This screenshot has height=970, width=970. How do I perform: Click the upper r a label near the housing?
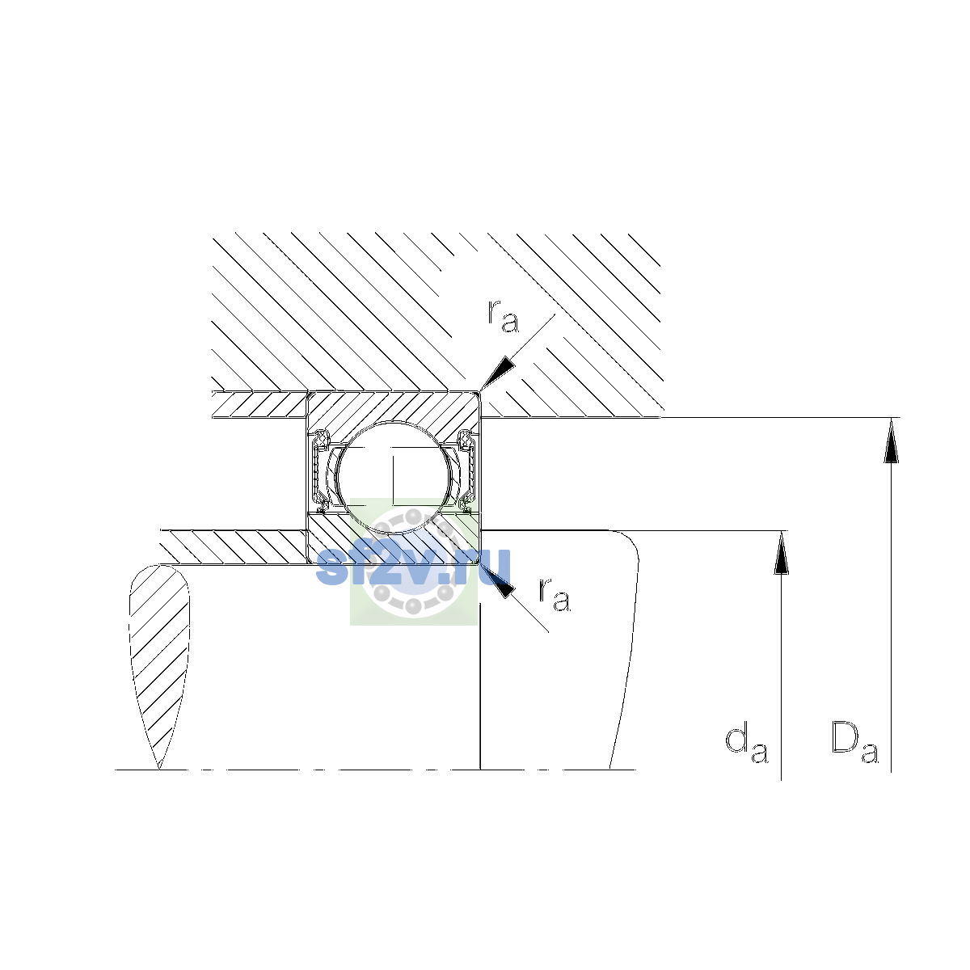pos(503,316)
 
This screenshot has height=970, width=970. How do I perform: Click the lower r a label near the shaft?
pos(555,594)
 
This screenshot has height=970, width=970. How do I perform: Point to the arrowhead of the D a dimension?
pos(891,440)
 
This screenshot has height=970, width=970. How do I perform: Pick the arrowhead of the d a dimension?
pos(781,552)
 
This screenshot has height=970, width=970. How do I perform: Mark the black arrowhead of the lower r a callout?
pos(499,582)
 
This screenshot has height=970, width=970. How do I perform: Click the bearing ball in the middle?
pos(394,477)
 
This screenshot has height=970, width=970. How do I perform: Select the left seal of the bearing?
pos(320,470)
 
